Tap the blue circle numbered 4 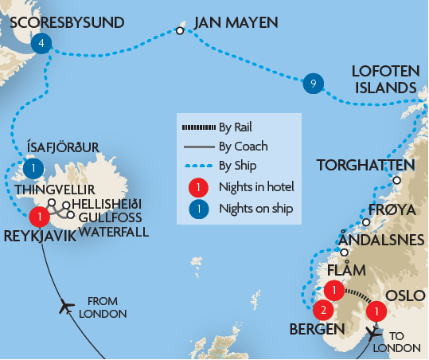pyautogui.click(x=41, y=45)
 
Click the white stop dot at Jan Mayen pyautogui.click(x=180, y=31)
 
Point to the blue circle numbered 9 pyautogui.click(x=314, y=83)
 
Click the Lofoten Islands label pyautogui.click(x=385, y=79)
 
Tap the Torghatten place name pyautogui.click(x=365, y=166)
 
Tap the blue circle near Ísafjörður pyautogui.click(x=33, y=169)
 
